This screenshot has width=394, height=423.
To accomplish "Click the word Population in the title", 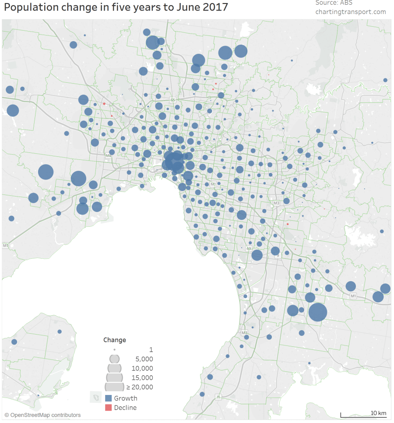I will click(29, 8).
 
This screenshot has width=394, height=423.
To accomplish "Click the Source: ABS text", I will click(334, 3).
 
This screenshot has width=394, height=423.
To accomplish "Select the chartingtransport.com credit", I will click(351, 12).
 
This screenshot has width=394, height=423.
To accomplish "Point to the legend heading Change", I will click(115, 340).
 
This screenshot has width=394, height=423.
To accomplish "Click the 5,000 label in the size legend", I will click(144, 359).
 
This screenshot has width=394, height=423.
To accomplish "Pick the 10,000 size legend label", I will click(142, 368).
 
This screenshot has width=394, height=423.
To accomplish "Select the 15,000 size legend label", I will click(142, 377).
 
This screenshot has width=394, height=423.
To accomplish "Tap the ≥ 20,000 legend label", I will click(140, 387).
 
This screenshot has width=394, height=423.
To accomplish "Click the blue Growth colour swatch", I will click(109, 398).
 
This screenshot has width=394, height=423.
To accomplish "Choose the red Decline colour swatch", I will click(109, 408).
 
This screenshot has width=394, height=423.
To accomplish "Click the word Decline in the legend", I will click(125, 408).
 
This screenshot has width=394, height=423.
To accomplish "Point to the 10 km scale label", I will click(379, 413).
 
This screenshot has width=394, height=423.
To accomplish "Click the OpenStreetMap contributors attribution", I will click(43, 415).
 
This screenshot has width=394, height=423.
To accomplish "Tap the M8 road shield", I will click(109, 155).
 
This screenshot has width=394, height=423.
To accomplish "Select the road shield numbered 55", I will click(173, 100).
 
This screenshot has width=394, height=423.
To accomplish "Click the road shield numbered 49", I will click(249, 249).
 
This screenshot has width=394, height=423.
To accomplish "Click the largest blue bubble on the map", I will click(318, 312).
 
